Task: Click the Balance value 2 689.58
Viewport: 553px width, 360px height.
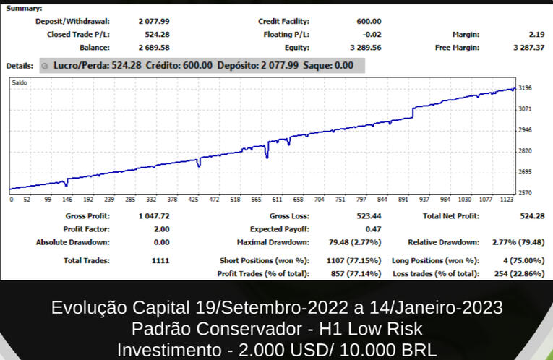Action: pyautogui.click(x=153, y=48)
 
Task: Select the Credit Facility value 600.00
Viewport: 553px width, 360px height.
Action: pyautogui.click(x=369, y=22)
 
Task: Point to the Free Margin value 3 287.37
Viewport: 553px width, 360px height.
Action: pyautogui.click(x=528, y=48)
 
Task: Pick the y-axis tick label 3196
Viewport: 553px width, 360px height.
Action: pyautogui.click(x=526, y=88)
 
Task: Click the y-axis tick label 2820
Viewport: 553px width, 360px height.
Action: pyautogui.click(x=526, y=151)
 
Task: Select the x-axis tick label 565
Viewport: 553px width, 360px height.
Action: pyautogui.click(x=257, y=199)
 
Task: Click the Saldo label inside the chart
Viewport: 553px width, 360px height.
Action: pyautogui.click(x=20, y=83)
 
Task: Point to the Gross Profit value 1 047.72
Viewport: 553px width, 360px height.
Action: pyautogui.click(x=153, y=216)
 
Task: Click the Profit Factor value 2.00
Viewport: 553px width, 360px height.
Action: pyautogui.click(x=160, y=229)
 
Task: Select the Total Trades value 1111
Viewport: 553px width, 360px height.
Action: pyautogui.click(x=161, y=260)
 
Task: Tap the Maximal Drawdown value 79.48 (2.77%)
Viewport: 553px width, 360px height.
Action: pyautogui.click(x=358, y=242)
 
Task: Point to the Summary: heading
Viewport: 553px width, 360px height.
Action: pyautogui.click(x=24, y=9)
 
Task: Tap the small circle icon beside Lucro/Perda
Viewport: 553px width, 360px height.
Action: pyautogui.click(x=45, y=66)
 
